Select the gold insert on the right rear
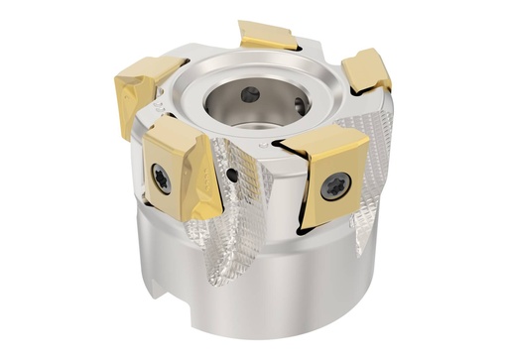click(x=366, y=69)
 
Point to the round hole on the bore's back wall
click(x=249, y=95)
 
